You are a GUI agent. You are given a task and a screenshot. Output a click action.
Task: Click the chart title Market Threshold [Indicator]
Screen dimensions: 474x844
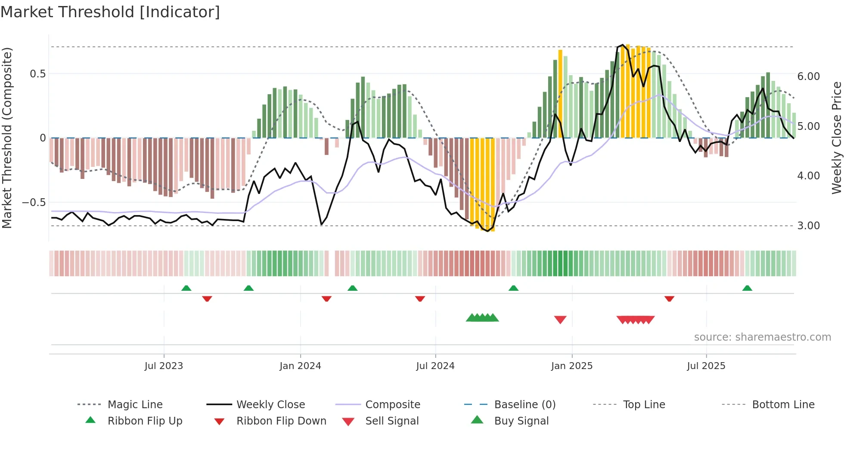coord(110,12)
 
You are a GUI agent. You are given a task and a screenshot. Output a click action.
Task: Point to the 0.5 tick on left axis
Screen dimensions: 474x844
coord(37,74)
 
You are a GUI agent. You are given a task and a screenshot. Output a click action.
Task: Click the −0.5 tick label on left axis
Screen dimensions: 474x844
coord(34,203)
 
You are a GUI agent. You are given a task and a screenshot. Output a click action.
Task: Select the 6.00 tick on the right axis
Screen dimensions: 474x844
coord(808,77)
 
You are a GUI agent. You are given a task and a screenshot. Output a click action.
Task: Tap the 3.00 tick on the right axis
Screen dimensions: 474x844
coord(808,226)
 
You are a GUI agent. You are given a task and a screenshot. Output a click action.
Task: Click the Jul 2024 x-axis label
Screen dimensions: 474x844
coord(435,366)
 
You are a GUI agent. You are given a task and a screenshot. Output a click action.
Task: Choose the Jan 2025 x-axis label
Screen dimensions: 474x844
coord(571,366)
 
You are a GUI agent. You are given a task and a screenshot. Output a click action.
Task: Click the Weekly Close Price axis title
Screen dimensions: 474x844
coord(836,138)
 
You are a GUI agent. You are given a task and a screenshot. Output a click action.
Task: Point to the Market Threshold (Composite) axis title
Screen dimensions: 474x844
coord(7,138)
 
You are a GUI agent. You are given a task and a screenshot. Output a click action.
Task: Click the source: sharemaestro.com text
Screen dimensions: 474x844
coord(762,337)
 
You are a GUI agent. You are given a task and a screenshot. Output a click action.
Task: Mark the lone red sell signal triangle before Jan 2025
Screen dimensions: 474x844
coord(560,320)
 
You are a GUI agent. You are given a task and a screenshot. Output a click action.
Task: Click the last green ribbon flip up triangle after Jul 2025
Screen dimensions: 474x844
coord(747,288)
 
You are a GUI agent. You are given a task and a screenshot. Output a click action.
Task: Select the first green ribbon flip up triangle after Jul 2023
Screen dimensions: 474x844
coord(186,288)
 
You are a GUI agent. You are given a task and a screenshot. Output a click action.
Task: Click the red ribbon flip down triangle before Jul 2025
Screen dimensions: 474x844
coord(669,299)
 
